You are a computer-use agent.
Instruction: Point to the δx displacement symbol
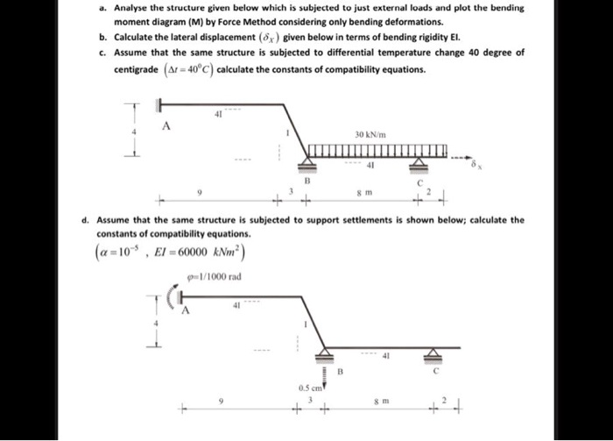[x=473, y=164]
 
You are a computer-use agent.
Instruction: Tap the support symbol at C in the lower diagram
[x=429, y=354]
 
